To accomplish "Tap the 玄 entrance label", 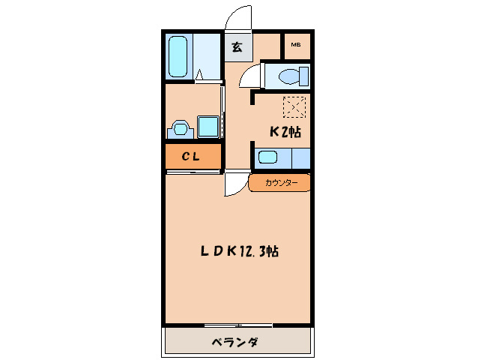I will (237, 47).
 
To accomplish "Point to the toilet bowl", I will (288, 76).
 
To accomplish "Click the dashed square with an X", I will (294, 108).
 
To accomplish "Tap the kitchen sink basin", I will (267, 158).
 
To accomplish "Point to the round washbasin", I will (180, 128).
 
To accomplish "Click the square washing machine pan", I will (207, 126).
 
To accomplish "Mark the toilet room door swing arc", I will (252, 74).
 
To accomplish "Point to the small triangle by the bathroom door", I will (199, 73).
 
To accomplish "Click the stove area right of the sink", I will (297, 158).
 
